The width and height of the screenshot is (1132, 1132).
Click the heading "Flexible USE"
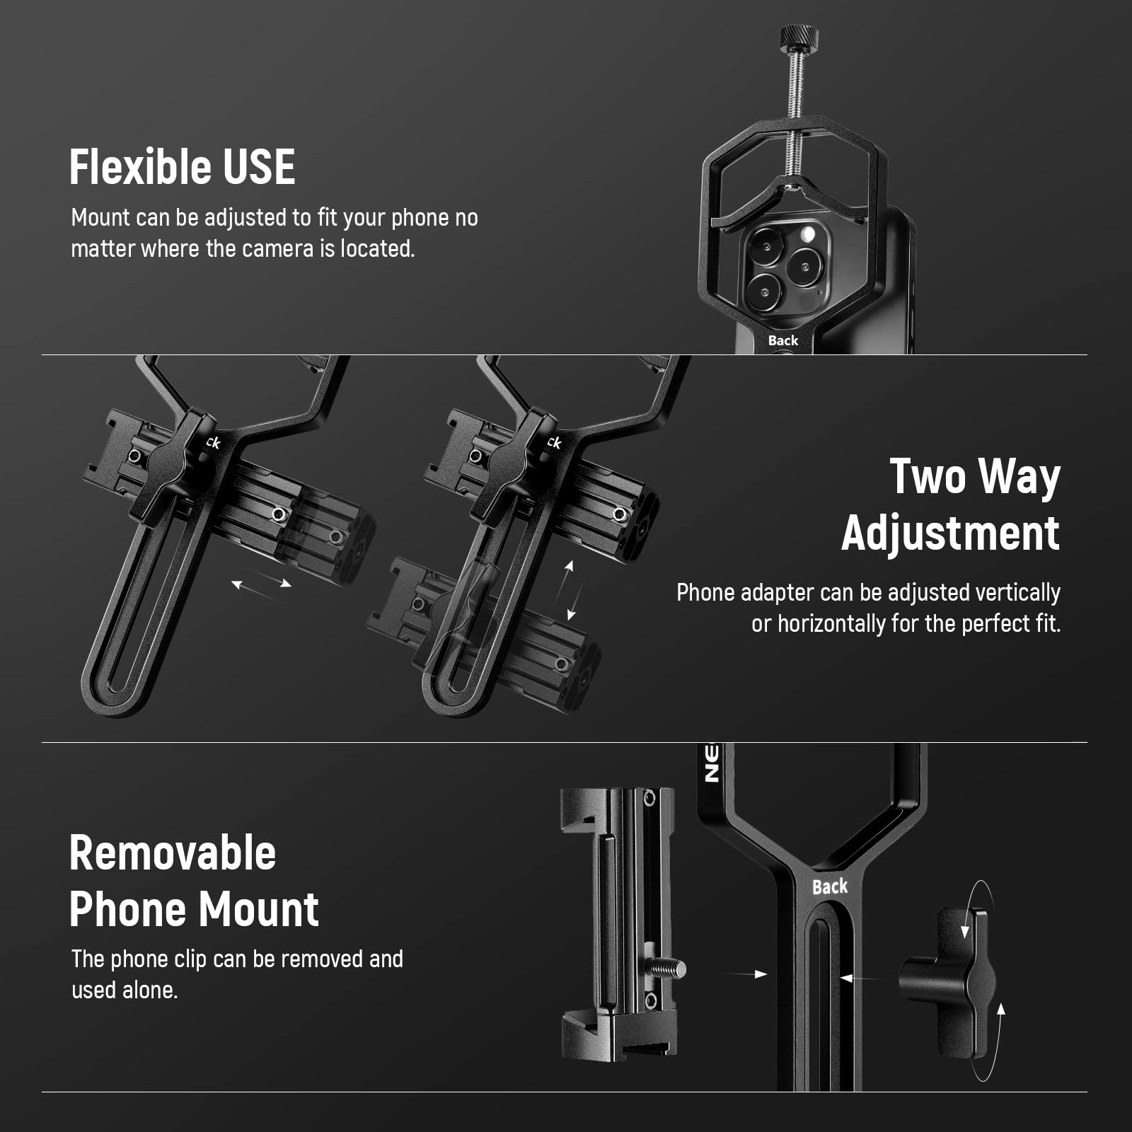pyautogui.click(x=183, y=167)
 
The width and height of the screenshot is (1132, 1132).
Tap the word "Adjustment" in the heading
pyautogui.click(x=951, y=534)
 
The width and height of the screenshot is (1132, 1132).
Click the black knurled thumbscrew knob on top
pyautogui.click(x=799, y=38)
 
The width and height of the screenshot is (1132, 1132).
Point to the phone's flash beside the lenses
pyautogui.click(x=807, y=233)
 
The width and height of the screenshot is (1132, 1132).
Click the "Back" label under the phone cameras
pyautogui.click(x=783, y=340)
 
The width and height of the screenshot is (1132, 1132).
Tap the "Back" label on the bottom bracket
pyautogui.click(x=829, y=886)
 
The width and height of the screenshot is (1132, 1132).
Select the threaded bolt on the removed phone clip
pyautogui.click(x=669, y=969)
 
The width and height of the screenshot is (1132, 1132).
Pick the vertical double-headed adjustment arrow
pyautogui.click(x=570, y=590)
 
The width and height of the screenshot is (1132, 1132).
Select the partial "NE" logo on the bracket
pyautogui.click(x=711, y=763)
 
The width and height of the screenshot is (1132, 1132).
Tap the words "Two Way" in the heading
pyautogui.click(x=975, y=477)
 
